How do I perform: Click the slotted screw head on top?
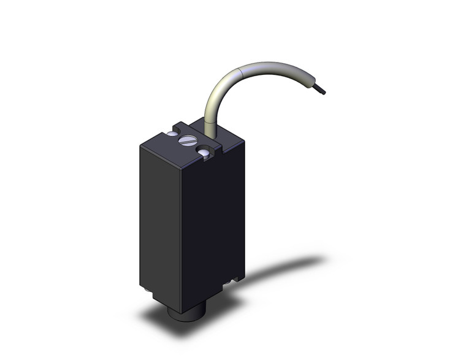186,142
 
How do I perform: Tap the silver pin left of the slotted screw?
172,134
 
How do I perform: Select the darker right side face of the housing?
215,221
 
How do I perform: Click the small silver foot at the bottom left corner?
142,287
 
